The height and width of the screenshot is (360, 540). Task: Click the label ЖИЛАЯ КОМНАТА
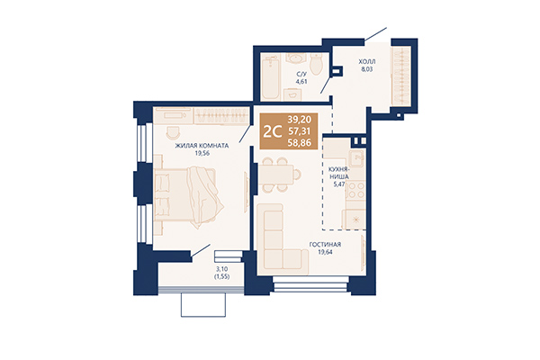click(x=202, y=144)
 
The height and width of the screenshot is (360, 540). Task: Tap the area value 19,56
click(x=202, y=153)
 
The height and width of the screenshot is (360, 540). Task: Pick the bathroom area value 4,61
click(x=301, y=83)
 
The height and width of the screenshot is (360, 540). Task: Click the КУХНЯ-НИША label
click(x=337, y=173)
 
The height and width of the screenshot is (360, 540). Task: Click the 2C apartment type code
click(x=271, y=131)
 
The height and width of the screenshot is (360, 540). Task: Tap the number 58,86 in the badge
click(x=301, y=143)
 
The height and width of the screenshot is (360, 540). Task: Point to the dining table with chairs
click(x=281, y=171)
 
